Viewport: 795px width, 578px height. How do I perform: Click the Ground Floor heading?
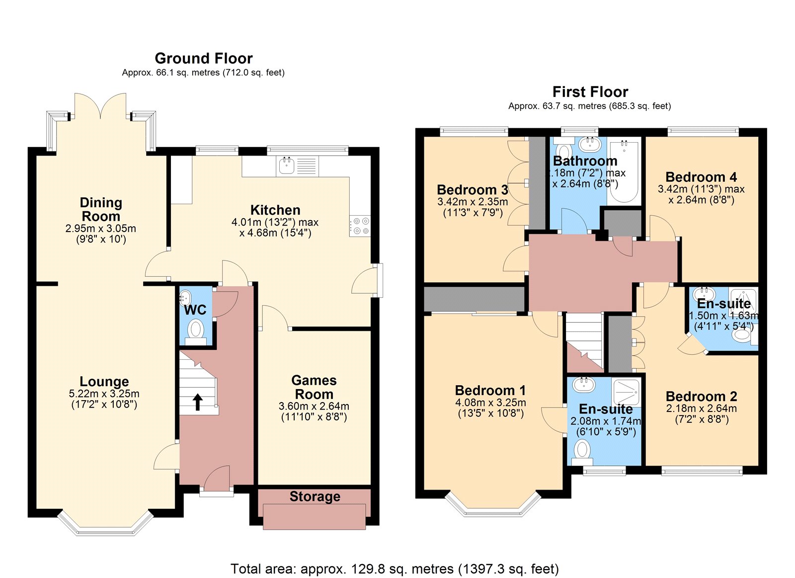click(x=204, y=58)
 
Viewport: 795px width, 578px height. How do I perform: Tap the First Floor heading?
click(x=590, y=92)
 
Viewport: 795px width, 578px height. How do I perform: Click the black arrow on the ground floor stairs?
click(x=198, y=402)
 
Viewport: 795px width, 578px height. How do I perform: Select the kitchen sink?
click(x=287, y=165)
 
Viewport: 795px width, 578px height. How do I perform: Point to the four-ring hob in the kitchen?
click(x=360, y=225)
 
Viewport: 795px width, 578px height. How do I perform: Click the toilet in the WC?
click(x=196, y=330)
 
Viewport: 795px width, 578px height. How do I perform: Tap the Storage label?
click(x=315, y=496)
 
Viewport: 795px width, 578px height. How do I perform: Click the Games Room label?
click(x=314, y=387)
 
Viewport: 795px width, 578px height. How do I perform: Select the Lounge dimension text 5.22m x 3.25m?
click(x=104, y=394)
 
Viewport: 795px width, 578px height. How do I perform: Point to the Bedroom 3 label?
click(x=472, y=190)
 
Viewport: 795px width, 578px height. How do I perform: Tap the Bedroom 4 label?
click(x=701, y=177)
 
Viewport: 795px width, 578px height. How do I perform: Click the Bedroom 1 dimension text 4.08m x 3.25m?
click(x=490, y=403)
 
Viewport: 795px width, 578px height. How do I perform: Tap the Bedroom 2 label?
click(x=701, y=397)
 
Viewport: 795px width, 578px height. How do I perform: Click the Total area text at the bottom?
click(x=395, y=569)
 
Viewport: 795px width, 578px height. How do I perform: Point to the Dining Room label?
click(x=101, y=209)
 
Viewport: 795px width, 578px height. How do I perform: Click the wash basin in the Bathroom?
click(x=590, y=144)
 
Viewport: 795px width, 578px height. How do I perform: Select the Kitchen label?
click(x=275, y=210)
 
